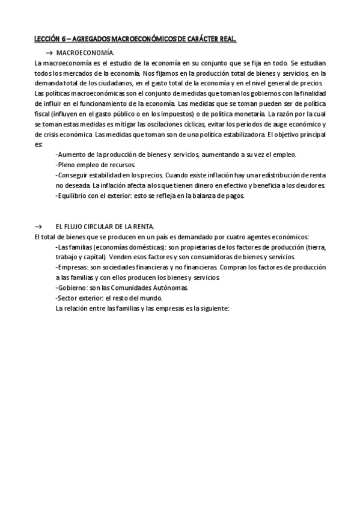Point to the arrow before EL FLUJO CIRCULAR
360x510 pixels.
pos(38,226)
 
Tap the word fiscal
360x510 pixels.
pos(44,113)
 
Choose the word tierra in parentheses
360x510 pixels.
pos(316,247)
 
